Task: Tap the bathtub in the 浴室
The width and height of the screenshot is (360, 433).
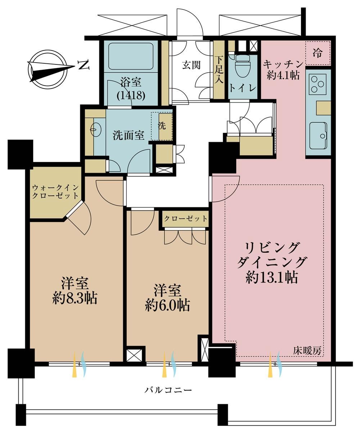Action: pyautogui.click(x=131, y=57)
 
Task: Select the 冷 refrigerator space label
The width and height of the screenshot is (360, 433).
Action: pyautogui.click(x=318, y=53)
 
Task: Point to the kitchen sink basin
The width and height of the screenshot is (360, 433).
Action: pyautogui.click(x=318, y=136)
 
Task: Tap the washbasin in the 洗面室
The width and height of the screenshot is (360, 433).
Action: pyautogui.click(x=96, y=130)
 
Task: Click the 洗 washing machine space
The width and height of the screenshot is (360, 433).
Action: pyautogui.click(x=162, y=126)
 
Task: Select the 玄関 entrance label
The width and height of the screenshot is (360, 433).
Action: pyautogui.click(x=192, y=65)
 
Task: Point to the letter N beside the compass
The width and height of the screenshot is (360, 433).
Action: pyautogui.click(x=84, y=65)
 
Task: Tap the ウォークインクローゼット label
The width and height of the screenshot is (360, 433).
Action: pyautogui.click(x=55, y=192)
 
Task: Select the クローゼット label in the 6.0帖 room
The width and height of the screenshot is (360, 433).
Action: pyautogui.click(x=185, y=218)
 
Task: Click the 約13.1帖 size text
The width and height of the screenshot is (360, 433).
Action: pyautogui.click(x=272, y=278)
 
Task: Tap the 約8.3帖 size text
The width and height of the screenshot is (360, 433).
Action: pyautogui.click(x=75, y=299)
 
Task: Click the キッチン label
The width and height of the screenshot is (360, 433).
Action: pyautogui.click(x=283, y=64)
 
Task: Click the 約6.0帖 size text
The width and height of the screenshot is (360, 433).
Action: pyautogui.click(x=167, y=306)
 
